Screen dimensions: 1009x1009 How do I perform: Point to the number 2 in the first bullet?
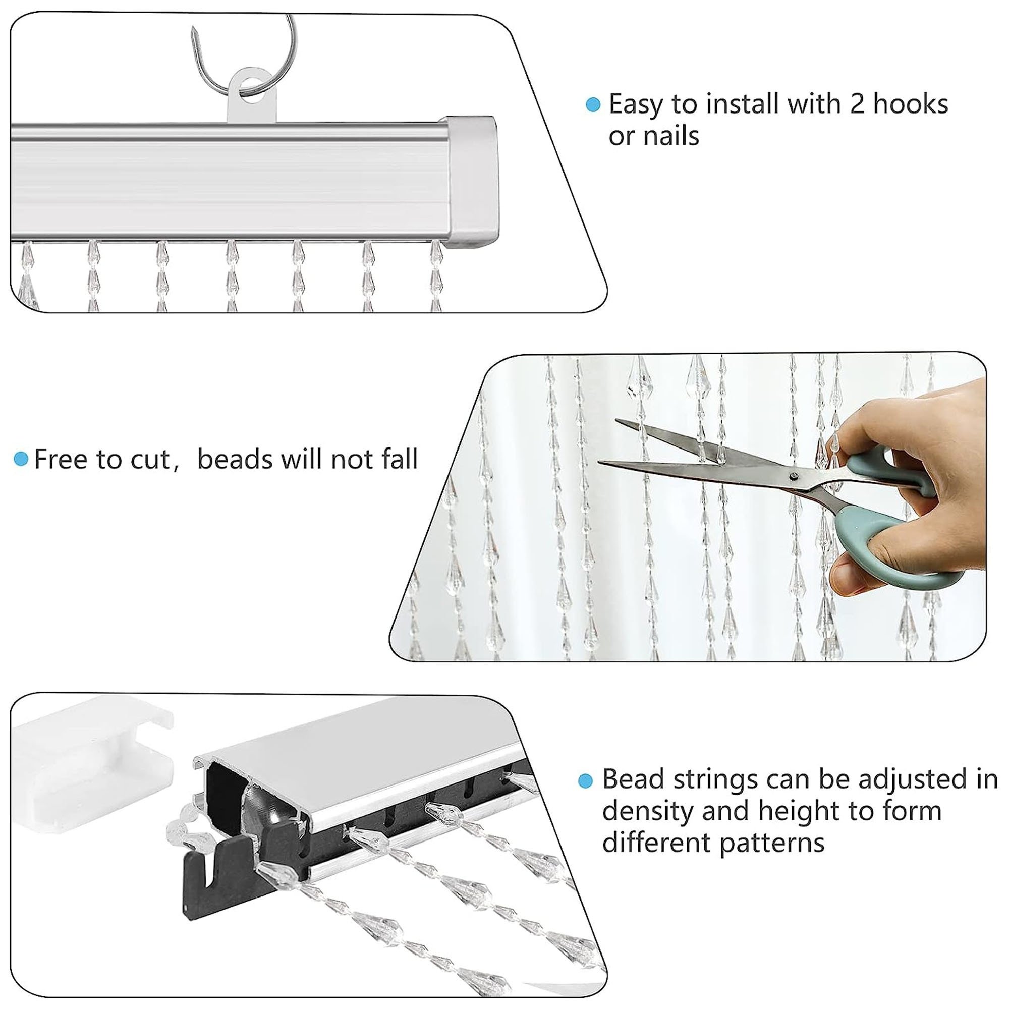click(857, 104)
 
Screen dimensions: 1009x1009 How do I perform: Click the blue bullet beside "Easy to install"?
click(593, 105)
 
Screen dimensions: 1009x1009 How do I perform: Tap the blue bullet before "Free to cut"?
click(21, 459)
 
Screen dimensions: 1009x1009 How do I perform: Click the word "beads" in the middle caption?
click(235, 459)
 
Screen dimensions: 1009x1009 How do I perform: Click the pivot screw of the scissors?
click(795, 476)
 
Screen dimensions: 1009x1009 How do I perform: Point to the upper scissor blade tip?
click(618, 420)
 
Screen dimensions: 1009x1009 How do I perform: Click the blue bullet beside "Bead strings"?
click(586, 781)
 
